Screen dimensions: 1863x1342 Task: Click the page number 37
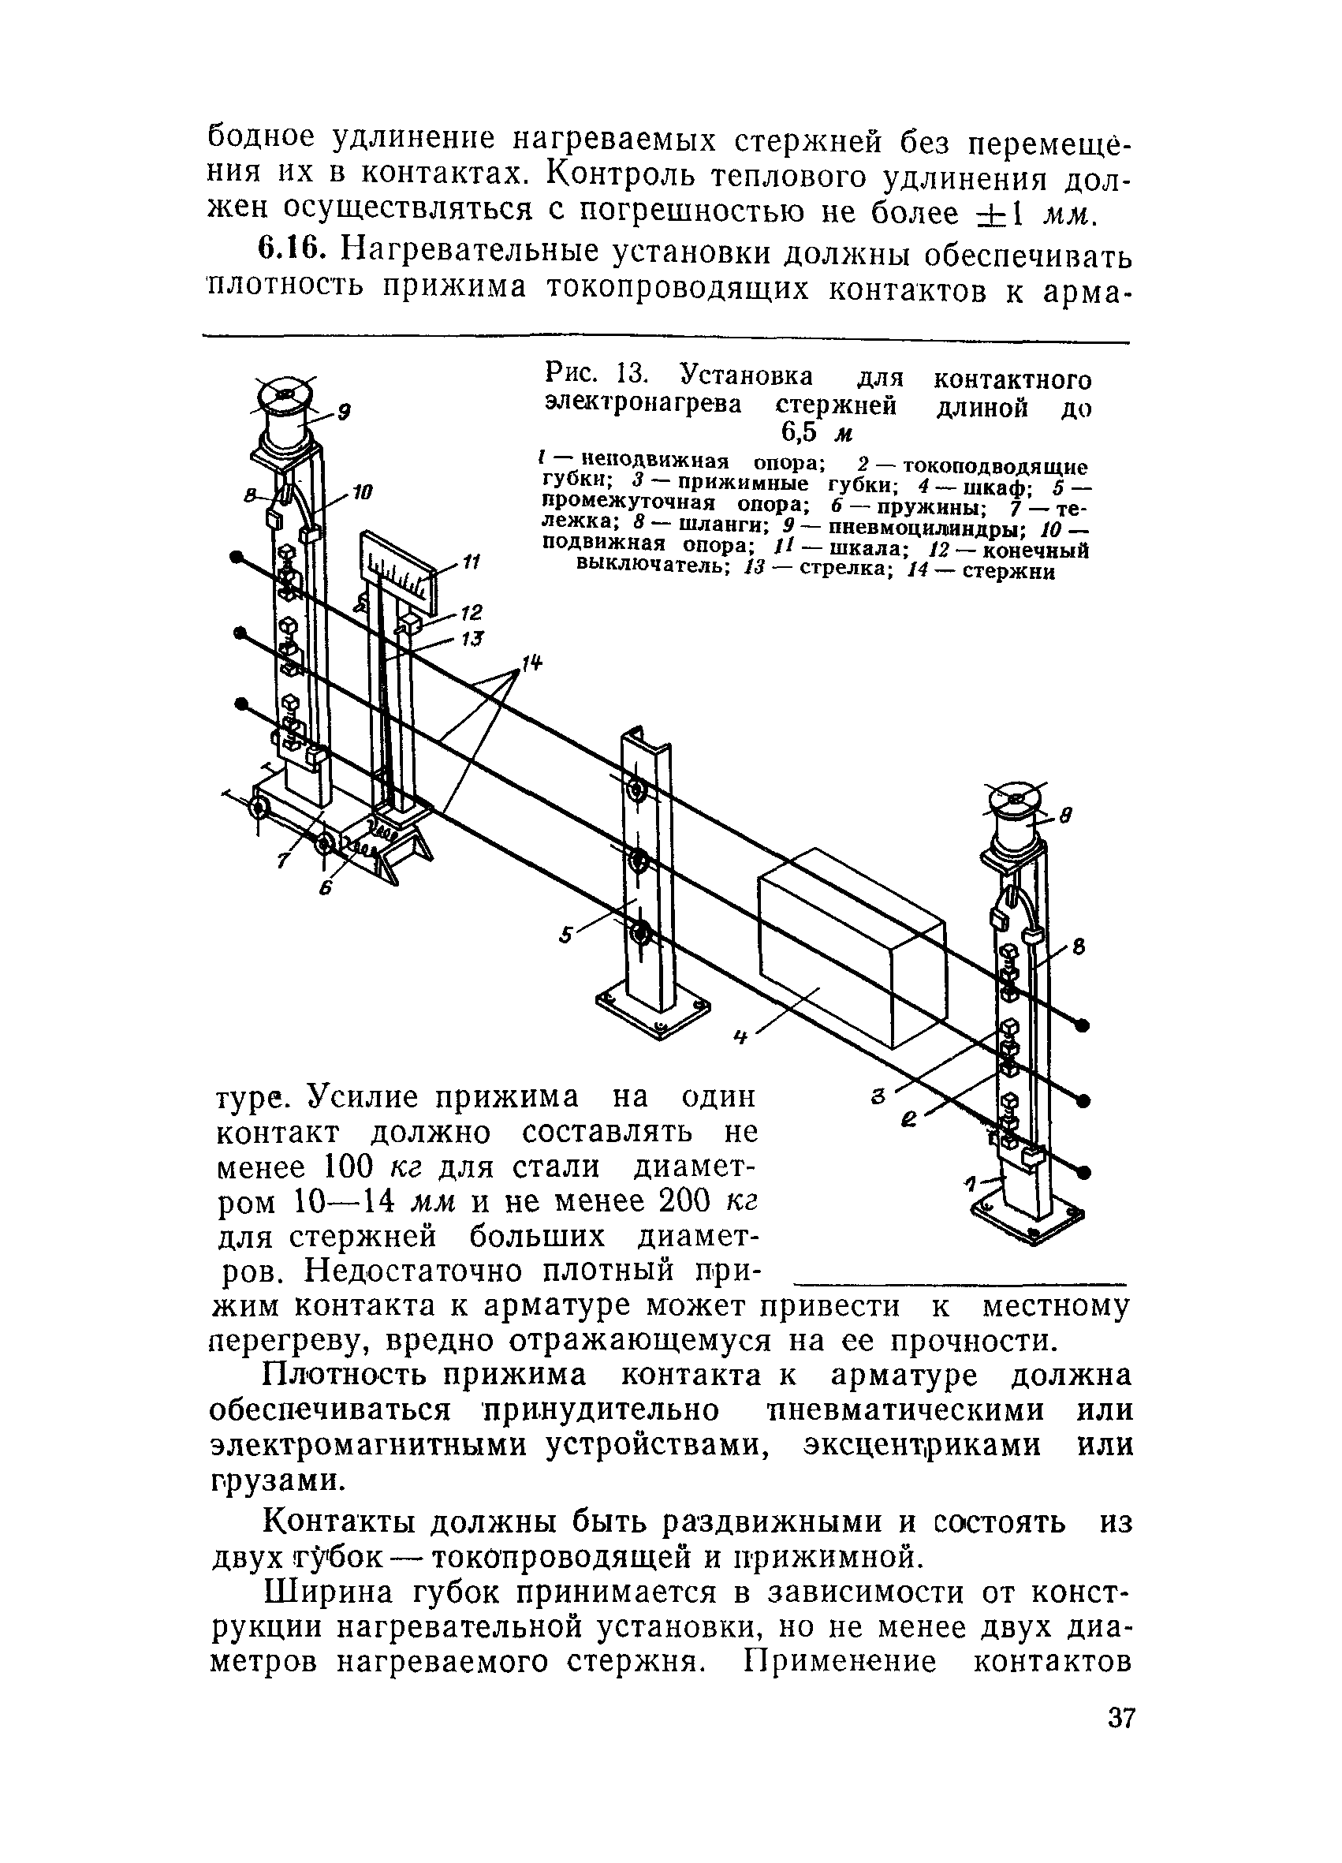tap(1120, 1740)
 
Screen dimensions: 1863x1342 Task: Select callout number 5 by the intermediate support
tap(566, 935)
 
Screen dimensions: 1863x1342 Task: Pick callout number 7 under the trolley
tap(283, 860)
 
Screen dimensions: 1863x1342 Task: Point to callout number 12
tap(472, 612)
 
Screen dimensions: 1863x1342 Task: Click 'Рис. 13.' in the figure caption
tap(597, 376)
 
